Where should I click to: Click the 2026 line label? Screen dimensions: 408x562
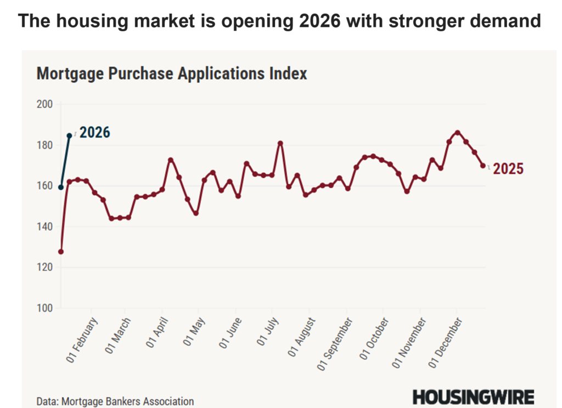click(x=95, y=133)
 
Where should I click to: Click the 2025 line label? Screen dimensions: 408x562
click(x=508, y=169)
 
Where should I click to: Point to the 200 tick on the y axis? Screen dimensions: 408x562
click(x=44, y=104)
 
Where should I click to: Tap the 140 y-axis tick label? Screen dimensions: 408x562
click(x=44, y=226)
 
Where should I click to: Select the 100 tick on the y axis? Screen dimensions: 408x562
click(x=44, y=308)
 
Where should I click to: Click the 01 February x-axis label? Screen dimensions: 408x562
click(x=82, y=339)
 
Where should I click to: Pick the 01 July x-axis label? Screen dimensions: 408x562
click(x=268, y=334)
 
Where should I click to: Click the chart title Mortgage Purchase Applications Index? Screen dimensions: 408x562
click(x=172, y=73)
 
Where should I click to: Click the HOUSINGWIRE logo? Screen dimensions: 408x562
click(x=473, y=396)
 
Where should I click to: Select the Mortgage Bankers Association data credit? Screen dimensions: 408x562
click(x=115, y=401)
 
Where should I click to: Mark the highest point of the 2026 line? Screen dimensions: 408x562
click(x=69, y=135)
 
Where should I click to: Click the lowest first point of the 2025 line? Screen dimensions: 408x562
click(x=60, y=252)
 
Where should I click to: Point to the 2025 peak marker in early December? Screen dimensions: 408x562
click(x=458, y=132)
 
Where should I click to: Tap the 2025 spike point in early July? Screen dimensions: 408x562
click(x=280, y=143)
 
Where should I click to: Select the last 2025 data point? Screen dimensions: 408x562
click(x=483, y=166)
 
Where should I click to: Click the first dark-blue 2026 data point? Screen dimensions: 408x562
click(x=60, y=188)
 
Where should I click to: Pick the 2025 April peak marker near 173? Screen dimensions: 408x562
click(x=171, y=160)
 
